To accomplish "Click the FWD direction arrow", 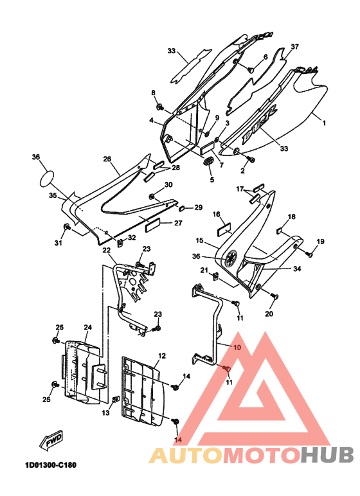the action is (51, 440).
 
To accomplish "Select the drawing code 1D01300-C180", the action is (51, 465).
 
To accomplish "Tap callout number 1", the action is (323, 123).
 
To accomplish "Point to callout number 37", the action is (294, 47).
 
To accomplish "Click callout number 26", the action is (107, 159).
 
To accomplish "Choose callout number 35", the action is (53, 195).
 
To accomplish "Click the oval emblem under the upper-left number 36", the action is (47, 179).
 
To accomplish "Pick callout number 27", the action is (178, 223).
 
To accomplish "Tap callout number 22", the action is (106, 250).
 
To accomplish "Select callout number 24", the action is (87, 328).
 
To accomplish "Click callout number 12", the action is (162, 356).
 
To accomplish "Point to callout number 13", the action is (105, 412).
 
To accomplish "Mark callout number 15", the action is (199, 241).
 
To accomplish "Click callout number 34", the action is (297, 269).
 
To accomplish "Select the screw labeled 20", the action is (274, 296).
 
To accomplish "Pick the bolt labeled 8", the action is (159, 107).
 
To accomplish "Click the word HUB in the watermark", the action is (327, 455).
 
